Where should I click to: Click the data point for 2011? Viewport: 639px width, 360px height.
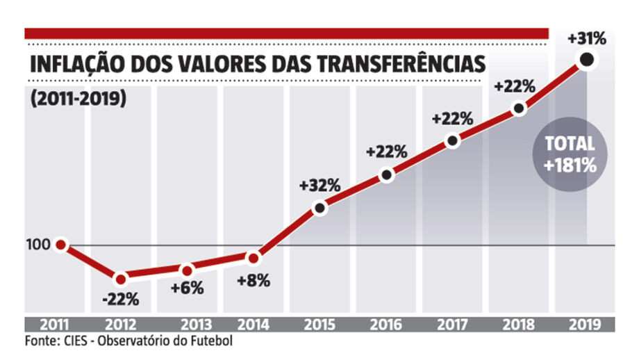click(60, 245)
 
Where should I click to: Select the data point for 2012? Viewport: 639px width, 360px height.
click(121, 279)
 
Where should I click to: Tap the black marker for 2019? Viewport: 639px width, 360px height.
click(586, 60)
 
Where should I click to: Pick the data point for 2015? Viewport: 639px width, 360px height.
click(320, 207)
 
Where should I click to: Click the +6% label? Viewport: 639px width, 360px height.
click(186, 288)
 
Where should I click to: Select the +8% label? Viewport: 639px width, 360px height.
click(252, 281)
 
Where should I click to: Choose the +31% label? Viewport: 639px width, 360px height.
click(586, 39)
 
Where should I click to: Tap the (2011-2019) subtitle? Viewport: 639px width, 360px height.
click(77, 98)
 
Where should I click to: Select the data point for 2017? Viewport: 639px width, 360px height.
click(453, 140)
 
